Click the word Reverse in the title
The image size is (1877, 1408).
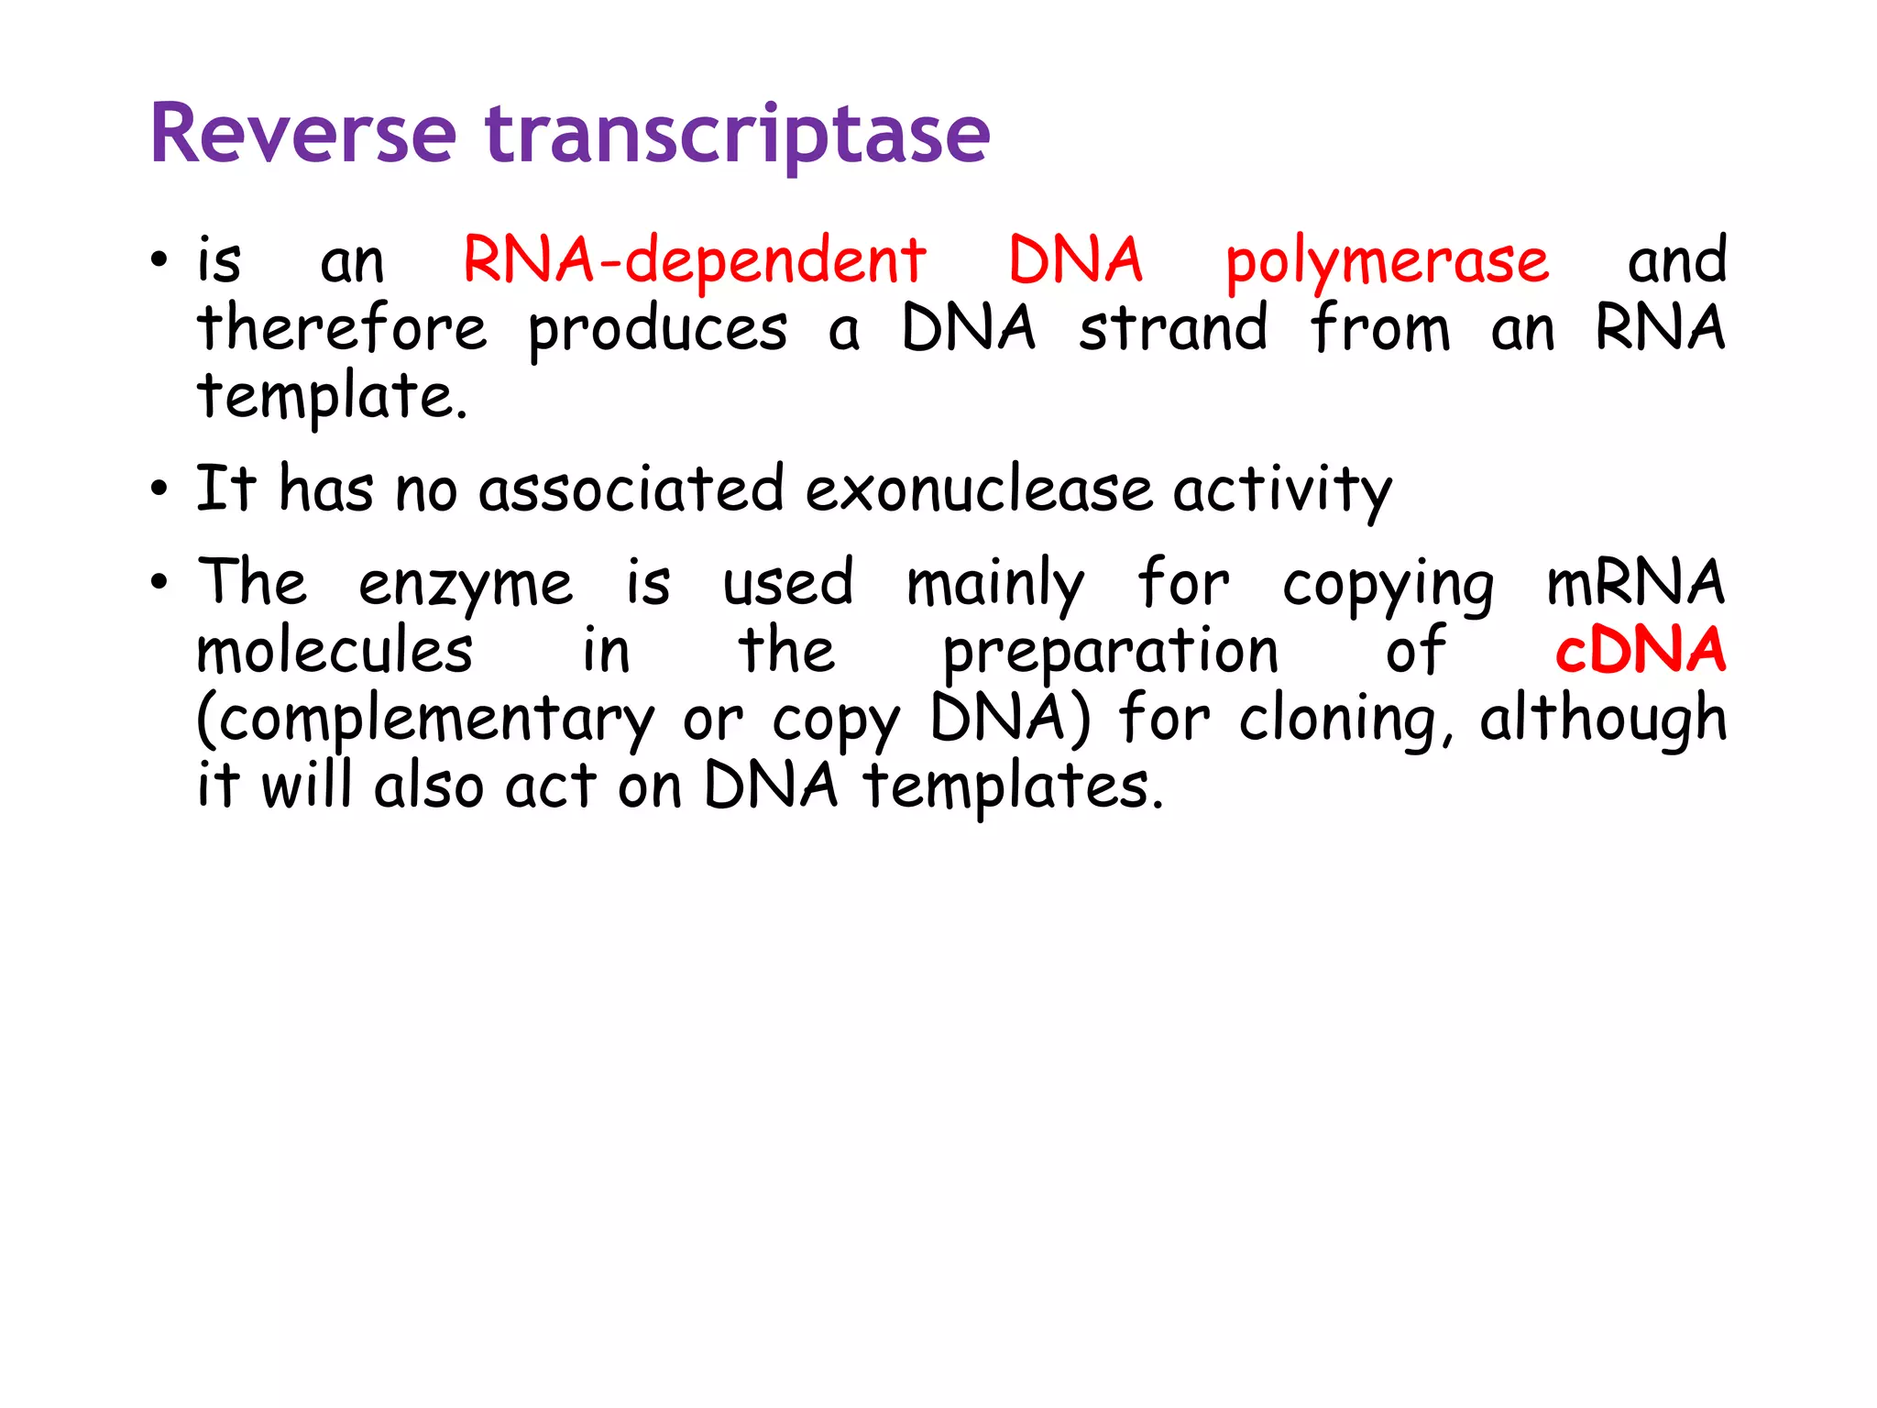click(x=302, y=135)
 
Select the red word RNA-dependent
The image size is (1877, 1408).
click(x=694, y=260)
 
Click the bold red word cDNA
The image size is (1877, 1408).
click(x=1640, y=651)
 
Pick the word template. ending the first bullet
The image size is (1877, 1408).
click(x=333, y=398)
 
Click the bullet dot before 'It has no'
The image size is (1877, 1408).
click(x=159, y=489)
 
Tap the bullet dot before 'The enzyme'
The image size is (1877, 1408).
click(x=159, y=581)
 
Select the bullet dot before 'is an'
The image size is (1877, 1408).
click(x=159, y=260)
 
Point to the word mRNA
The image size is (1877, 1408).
click(x=1635, y=583)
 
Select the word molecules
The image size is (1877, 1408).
click(x=335, y=651)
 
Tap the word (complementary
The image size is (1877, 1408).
click(x=425, y=720)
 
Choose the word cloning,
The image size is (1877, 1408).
click(x=1345, y=720)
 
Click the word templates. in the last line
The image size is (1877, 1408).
click(x=1014, y=787)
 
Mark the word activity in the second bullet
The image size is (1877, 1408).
click(x=1282, y=490)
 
